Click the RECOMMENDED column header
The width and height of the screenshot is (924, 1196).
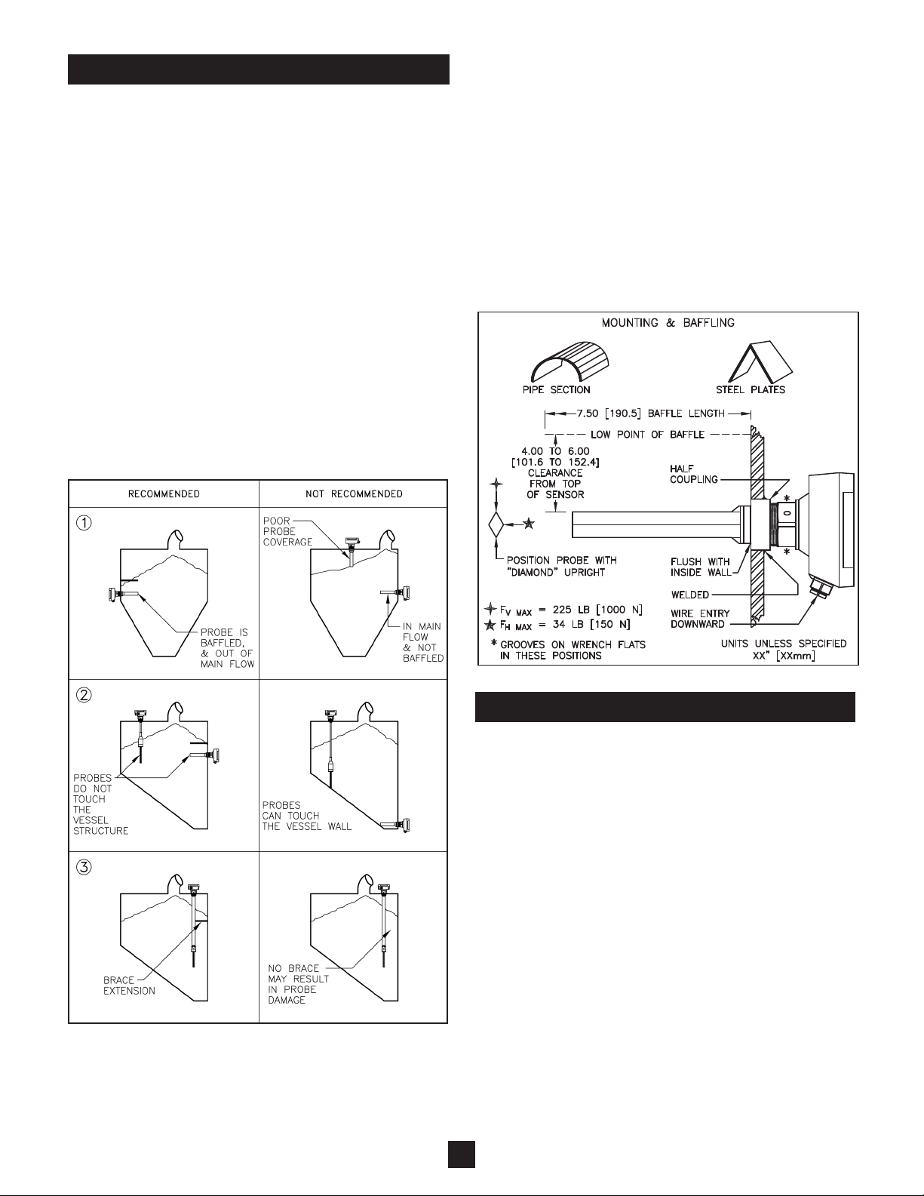pyautogui.click(x=164, y=494)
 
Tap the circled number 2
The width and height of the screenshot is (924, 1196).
pyautogui.click(x=85, y=696)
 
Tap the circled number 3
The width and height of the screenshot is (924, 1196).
pyautogui.click(x=85, y=868)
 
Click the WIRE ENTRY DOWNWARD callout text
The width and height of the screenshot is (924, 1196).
pyautogui.click(x=701, y=619)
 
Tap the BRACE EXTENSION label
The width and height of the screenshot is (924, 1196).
pyautogui.click(x=129, y=985)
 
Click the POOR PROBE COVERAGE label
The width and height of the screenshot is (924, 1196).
pyautogui.click(x=287, y=531)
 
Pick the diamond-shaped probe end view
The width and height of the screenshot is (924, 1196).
pyautogui.click(x=496, y=523)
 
